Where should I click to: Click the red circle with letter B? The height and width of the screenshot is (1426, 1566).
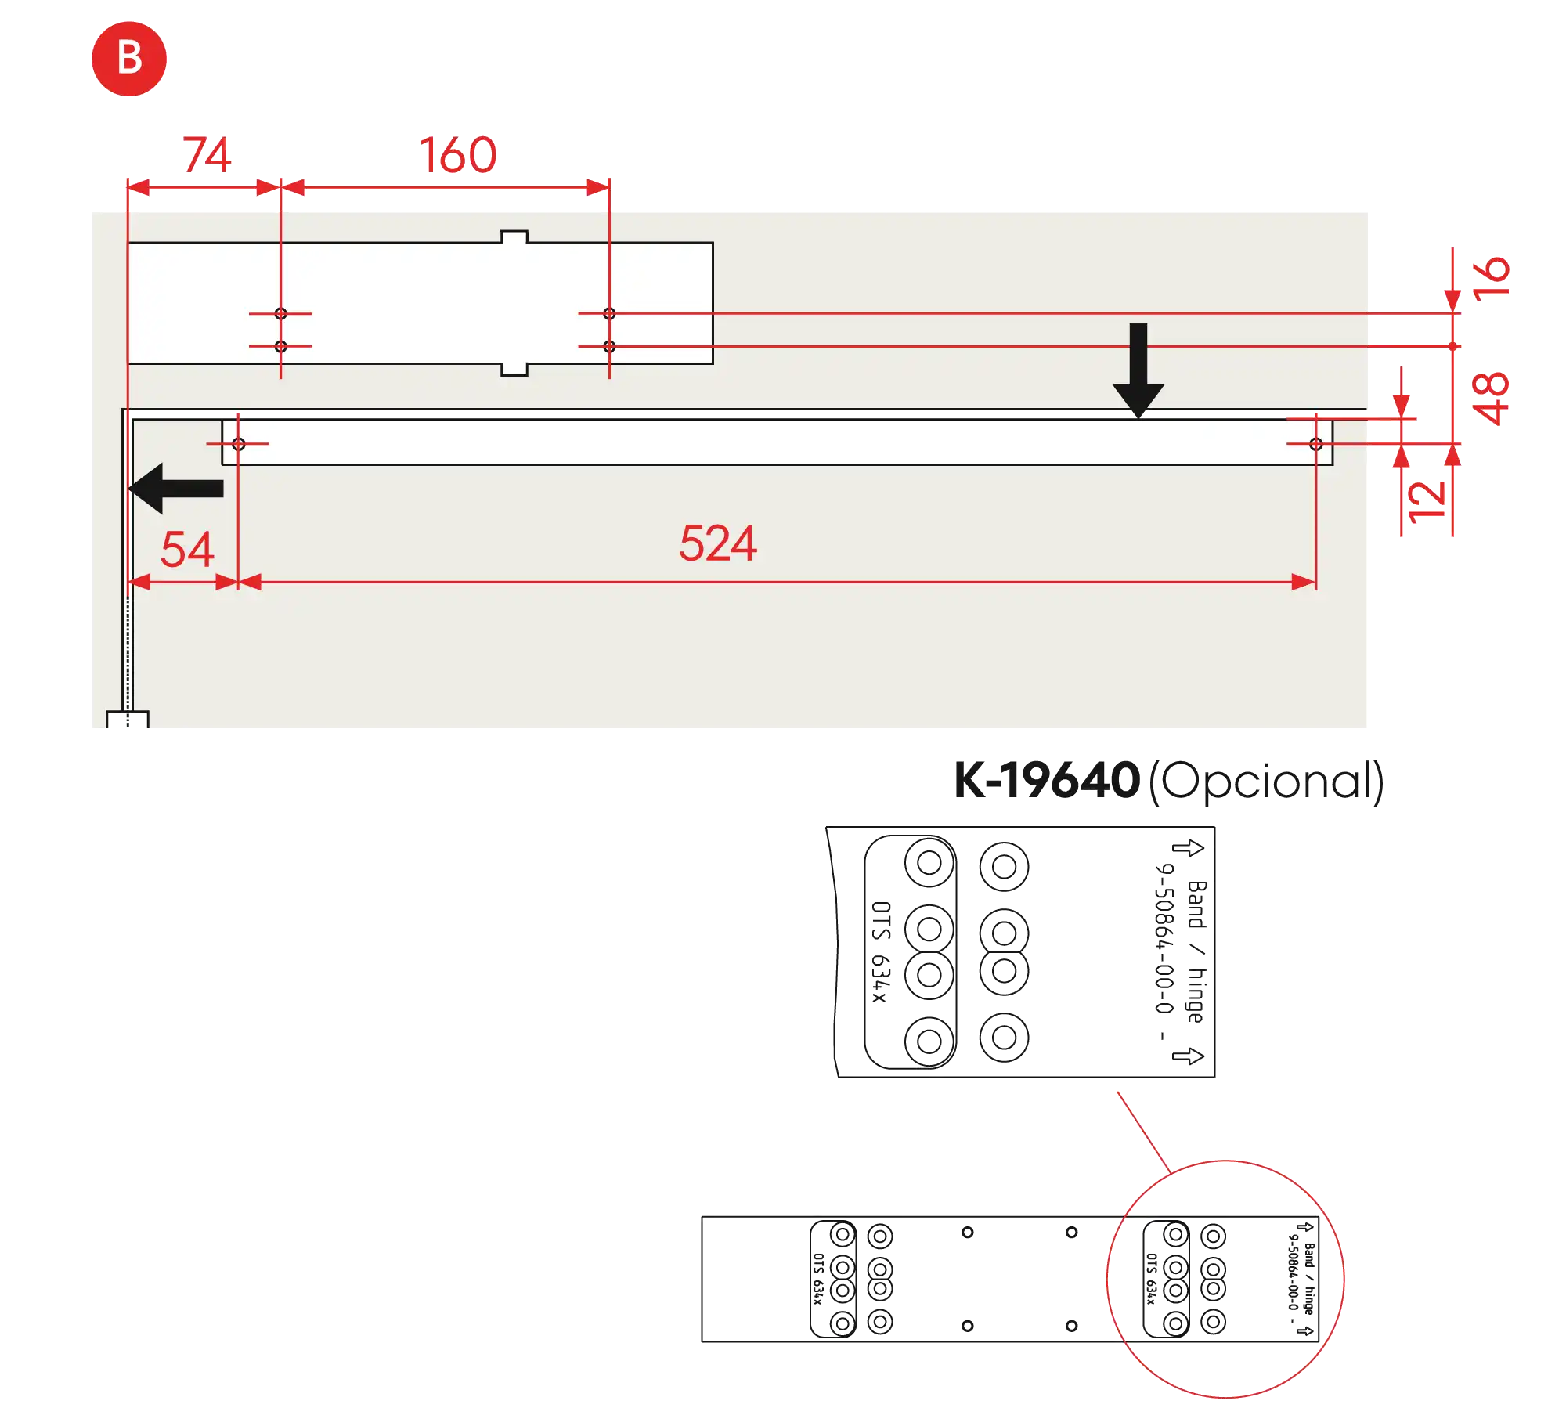point(129,60)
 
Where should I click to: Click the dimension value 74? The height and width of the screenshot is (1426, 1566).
point(207,154)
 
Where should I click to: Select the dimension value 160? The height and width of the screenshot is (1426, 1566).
point(458,154)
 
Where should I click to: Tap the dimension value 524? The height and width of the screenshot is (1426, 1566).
point(717,543)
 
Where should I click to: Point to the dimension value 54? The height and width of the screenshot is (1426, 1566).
point(187,549)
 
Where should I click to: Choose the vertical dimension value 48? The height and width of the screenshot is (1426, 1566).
point(1491,398)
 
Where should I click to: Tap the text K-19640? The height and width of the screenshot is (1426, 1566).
point(1045,781)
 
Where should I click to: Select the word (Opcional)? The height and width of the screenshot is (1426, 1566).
point(1265,781)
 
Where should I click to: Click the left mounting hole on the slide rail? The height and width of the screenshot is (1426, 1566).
point(238,444)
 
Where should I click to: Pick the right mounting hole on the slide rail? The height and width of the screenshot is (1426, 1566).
point(1315,444)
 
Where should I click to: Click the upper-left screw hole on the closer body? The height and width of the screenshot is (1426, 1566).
point(280,313)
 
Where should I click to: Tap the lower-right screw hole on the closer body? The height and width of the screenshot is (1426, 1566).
point(609,346)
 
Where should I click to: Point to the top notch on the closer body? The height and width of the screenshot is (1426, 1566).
point(514,236)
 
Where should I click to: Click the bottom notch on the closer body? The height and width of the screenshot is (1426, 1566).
point(514,370)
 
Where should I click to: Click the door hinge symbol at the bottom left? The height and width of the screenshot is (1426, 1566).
point(128,720)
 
